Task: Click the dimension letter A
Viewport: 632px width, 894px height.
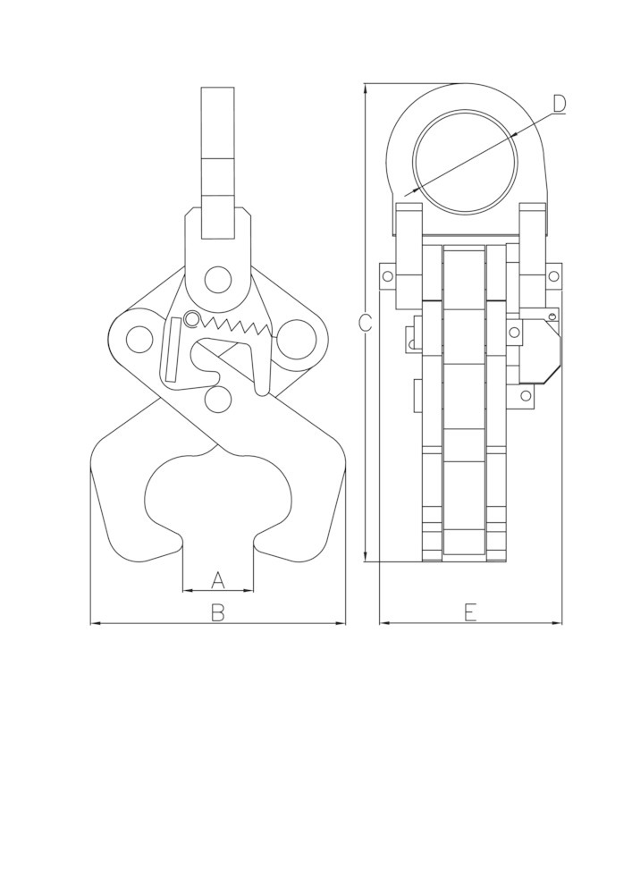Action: click(217, 580)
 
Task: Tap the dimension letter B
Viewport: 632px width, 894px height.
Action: click(217, 612)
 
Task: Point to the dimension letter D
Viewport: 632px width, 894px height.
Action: click(559, 104)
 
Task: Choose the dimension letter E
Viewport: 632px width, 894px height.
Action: click(470, 612)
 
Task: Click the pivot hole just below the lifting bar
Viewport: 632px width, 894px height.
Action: click(216, 279)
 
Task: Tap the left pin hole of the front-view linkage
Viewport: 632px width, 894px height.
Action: click(139, 340)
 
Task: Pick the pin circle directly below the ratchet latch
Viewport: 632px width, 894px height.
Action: click(217, 398)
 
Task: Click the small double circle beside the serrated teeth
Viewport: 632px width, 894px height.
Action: click(191, 319)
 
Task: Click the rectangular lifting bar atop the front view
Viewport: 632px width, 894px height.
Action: click(217, 161)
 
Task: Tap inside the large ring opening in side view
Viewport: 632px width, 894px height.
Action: click(465, 162)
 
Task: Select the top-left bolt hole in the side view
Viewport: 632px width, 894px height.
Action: click(387, 276)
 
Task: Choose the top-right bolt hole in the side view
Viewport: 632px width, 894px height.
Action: click(553, 276)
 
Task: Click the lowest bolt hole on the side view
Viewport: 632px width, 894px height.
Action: click(526, 395)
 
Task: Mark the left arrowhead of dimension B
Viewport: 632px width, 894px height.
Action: click(93, 623)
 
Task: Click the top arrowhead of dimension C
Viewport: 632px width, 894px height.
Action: click(366, 86)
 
